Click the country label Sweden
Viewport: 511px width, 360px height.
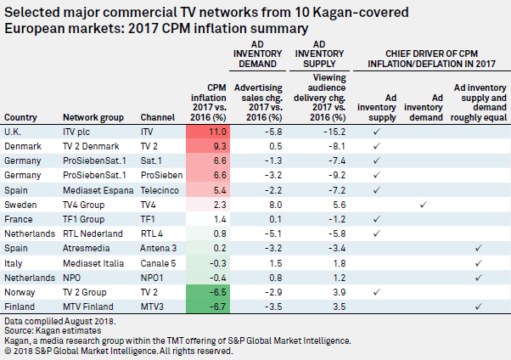click(20, 203)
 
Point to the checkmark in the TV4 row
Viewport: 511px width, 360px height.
click(423, 203)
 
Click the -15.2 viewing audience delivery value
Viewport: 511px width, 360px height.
click(334, 132)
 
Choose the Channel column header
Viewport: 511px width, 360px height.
click(156, 117)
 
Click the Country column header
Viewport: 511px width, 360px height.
click(21, 117)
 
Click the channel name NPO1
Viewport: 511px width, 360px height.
click(154, 275)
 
